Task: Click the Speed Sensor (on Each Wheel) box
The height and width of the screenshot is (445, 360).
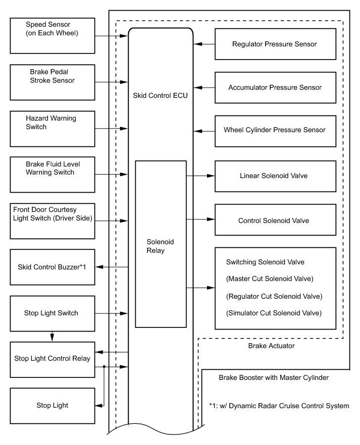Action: point(52,35)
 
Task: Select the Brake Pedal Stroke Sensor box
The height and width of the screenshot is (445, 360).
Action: point(52,82)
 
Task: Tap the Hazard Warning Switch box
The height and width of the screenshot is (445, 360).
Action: point(52,128)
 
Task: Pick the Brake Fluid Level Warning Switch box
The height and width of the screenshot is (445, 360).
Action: point(52,174)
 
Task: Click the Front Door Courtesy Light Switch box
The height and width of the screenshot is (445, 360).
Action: point(52,220)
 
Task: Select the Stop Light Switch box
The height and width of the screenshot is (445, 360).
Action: point(52,313)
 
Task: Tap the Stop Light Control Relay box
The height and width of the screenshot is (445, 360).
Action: point(52,359)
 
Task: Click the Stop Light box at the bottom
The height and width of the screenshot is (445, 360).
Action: point(52,405)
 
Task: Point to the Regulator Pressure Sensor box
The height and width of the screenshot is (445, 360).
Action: point(275,44)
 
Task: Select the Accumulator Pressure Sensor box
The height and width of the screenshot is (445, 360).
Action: point(275,87)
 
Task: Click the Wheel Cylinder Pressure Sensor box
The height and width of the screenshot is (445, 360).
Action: point(275,130)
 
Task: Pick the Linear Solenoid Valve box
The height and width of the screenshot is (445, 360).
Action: point(275,176)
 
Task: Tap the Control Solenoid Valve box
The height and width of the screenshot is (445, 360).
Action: point(275,220)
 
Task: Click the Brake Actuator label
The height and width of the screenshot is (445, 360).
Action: point(271,346)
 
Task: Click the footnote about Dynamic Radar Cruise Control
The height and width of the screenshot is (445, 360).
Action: point(278,406)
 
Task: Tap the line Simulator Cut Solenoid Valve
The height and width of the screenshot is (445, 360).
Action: point(274,313)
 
